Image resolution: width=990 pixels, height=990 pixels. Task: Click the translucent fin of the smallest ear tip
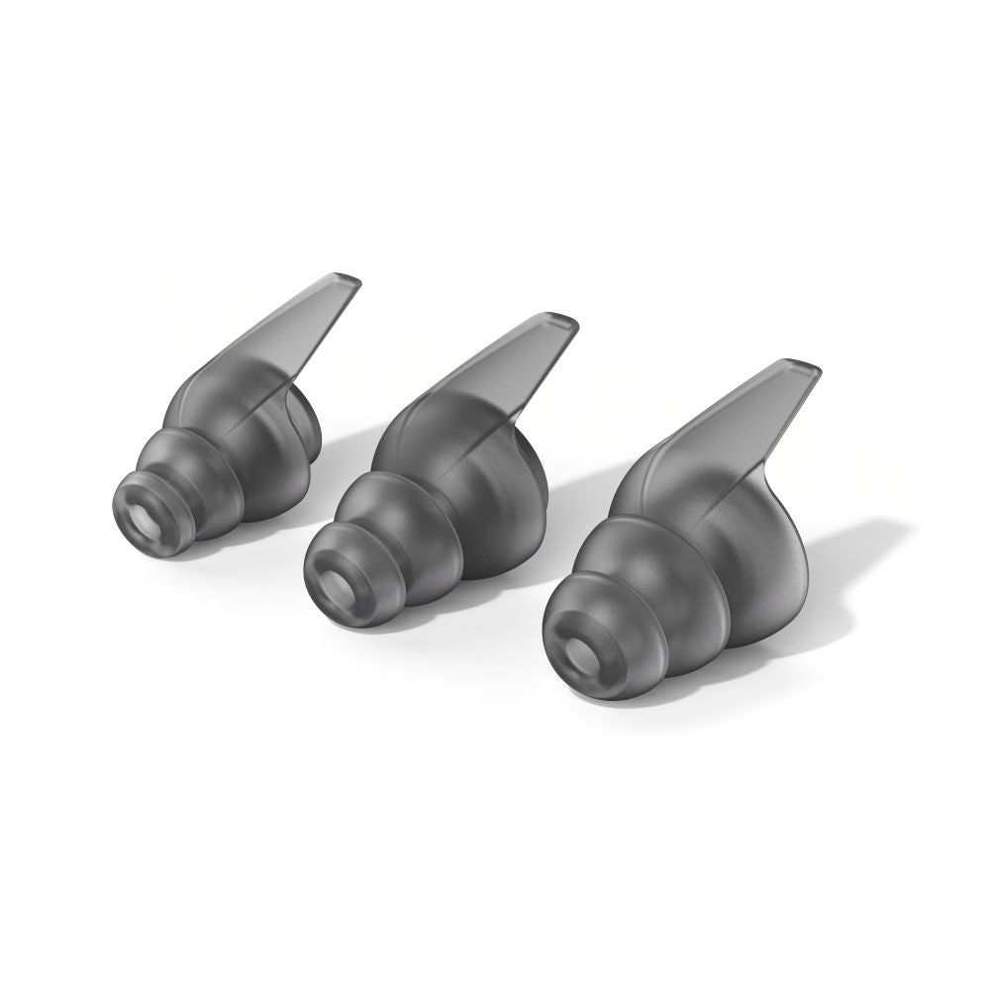[287, 337]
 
